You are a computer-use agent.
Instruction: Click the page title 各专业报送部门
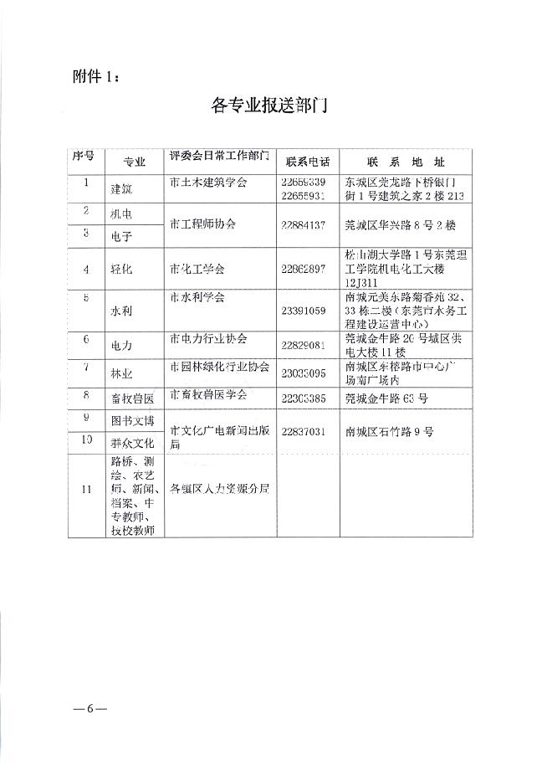[x=268, y=107]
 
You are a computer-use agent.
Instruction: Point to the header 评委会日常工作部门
[x=219, y=157]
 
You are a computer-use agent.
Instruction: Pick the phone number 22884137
[x=307, y=225]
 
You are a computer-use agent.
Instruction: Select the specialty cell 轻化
[x=121, y=270]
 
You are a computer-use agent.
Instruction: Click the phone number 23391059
[x=307, y=310]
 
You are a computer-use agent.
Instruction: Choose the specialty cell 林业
[x=121, y=371]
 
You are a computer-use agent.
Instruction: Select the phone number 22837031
[x=307, y=432]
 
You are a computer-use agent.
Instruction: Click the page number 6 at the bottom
[x=90, y=709]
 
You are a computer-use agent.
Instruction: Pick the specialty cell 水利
[x=121, y=310]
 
